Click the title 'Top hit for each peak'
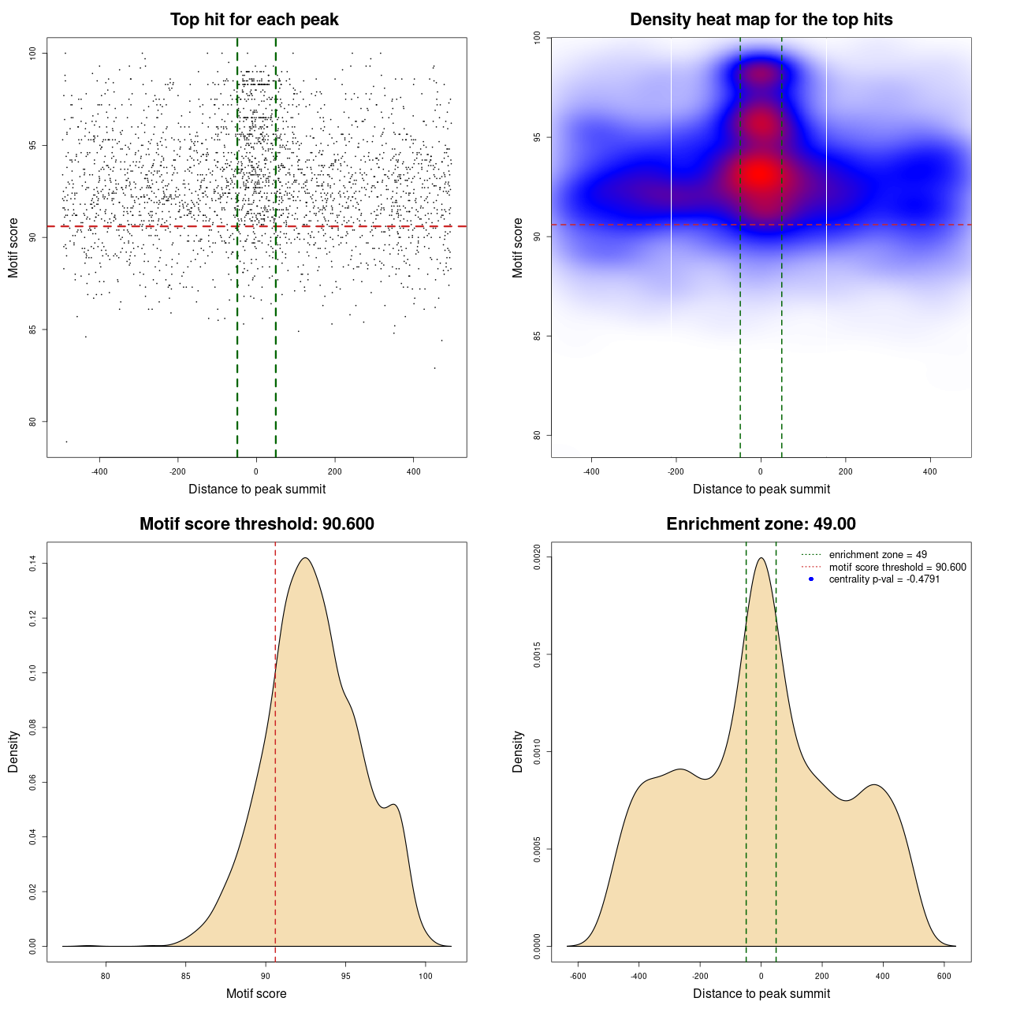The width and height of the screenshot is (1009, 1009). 254,20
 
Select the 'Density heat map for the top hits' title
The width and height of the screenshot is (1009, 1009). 761,20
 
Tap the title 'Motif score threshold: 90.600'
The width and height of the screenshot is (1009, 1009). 256,524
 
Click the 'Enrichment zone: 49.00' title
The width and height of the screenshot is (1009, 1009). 761,524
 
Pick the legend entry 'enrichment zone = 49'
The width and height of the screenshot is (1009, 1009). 877,555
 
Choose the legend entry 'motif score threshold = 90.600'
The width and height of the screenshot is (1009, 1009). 897,567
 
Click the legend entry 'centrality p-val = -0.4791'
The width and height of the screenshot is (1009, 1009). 884,579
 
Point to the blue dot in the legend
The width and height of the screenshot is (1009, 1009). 811,579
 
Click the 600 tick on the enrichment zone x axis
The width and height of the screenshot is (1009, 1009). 944,976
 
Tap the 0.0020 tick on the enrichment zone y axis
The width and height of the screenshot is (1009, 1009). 537,557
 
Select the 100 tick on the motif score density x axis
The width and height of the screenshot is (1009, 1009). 426,976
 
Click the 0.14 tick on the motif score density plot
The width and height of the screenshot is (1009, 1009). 32,564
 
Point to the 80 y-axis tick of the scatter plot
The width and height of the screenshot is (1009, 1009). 32,422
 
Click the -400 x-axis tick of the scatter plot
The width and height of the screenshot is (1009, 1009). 99,471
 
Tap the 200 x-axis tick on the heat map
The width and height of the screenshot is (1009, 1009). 845,471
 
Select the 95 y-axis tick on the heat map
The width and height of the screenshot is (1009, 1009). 537,137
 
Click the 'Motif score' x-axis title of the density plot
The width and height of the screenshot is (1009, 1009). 256,993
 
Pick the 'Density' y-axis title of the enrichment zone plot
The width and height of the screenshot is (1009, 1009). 518,751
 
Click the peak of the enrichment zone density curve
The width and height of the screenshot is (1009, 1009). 761,558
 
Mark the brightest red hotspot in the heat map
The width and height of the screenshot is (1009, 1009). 760,174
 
